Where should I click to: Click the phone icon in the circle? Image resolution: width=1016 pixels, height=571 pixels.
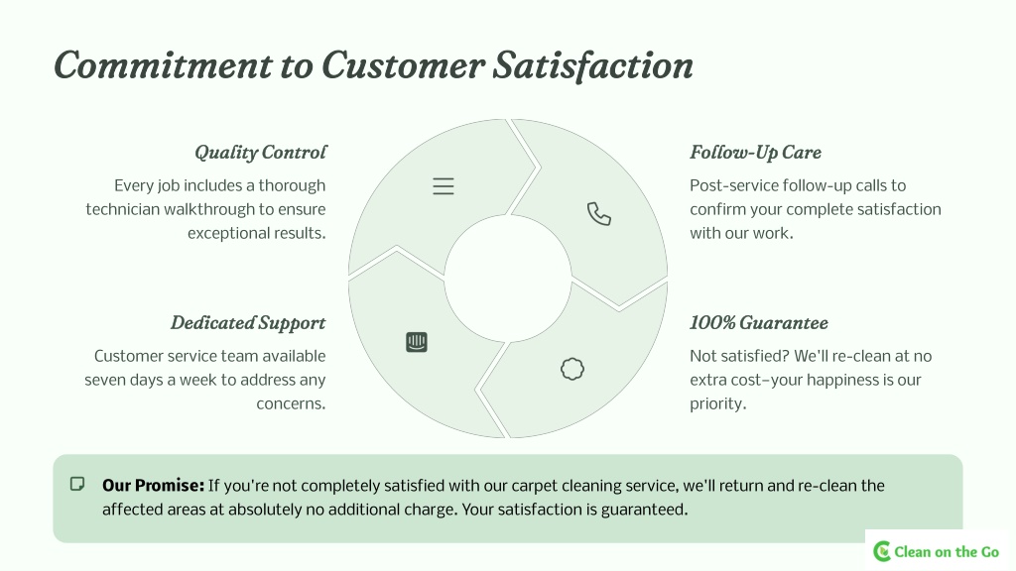click(598, 214)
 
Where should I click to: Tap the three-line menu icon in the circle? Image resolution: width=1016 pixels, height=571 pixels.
click(444, 186)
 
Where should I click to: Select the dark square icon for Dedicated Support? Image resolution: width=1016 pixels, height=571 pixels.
click(417, 342)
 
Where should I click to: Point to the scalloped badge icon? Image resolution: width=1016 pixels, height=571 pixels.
click(572, 369)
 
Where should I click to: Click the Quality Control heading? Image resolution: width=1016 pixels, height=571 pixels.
click(261, 152)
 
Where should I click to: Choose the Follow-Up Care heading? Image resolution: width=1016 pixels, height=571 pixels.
click(755, 152)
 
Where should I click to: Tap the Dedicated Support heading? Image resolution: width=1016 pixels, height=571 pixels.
click(248, 323)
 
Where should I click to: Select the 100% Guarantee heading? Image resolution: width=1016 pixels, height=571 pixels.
click(759, 323)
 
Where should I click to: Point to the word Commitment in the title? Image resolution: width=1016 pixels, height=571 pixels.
click(164, 65)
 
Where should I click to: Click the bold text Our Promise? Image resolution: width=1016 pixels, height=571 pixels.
click(153, 486)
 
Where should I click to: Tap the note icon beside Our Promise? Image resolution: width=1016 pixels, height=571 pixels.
click(77, 484)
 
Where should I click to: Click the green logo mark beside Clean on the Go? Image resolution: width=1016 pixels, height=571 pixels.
click(881, 551)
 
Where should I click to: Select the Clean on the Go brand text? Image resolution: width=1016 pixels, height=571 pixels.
click(947, 552)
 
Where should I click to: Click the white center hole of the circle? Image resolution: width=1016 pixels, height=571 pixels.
click(508, 279)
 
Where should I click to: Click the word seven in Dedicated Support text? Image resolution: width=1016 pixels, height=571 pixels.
click(105, 380)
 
